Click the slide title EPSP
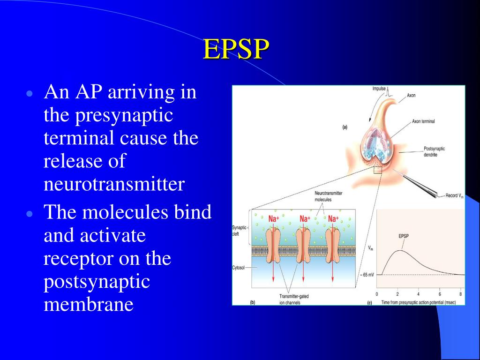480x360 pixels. [x=237, y=50]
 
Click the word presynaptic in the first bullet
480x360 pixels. [x=108, y=115]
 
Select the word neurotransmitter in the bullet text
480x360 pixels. [x=114, y=184]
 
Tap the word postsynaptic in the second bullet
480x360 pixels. [x=97, y=282]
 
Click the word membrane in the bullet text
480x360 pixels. [x=89, y=305]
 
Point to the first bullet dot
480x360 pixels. [x=30, y=93]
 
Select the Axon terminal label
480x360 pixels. [x=423, y=121]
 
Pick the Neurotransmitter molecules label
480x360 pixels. [x=329, y=196]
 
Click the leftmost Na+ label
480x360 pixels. [x=274, y=219]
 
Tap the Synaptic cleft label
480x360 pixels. [x=239, y=230]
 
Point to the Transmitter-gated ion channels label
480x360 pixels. [x=294, y=299]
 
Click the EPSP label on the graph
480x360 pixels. [x=403, y=236]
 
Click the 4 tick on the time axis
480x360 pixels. [x=419, y=294]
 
